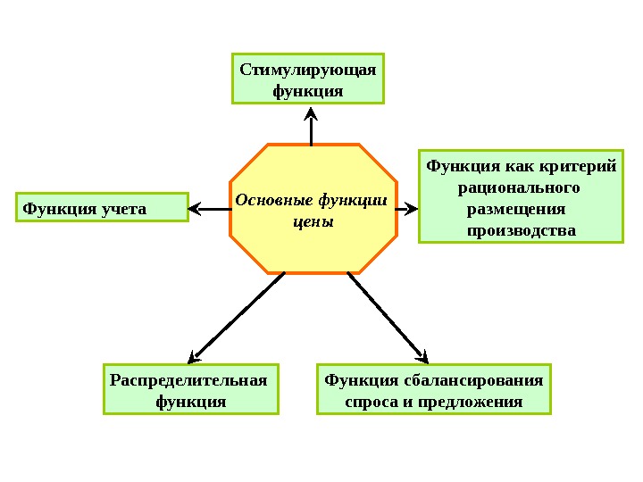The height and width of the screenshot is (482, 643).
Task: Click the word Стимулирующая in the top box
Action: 308,70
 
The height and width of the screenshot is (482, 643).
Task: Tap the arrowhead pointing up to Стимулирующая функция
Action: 311,113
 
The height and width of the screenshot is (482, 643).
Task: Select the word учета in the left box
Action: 122,209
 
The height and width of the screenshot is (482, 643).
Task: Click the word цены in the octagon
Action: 313,220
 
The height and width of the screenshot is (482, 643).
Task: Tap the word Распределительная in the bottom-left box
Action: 188,381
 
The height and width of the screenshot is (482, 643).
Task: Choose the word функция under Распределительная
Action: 190,402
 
